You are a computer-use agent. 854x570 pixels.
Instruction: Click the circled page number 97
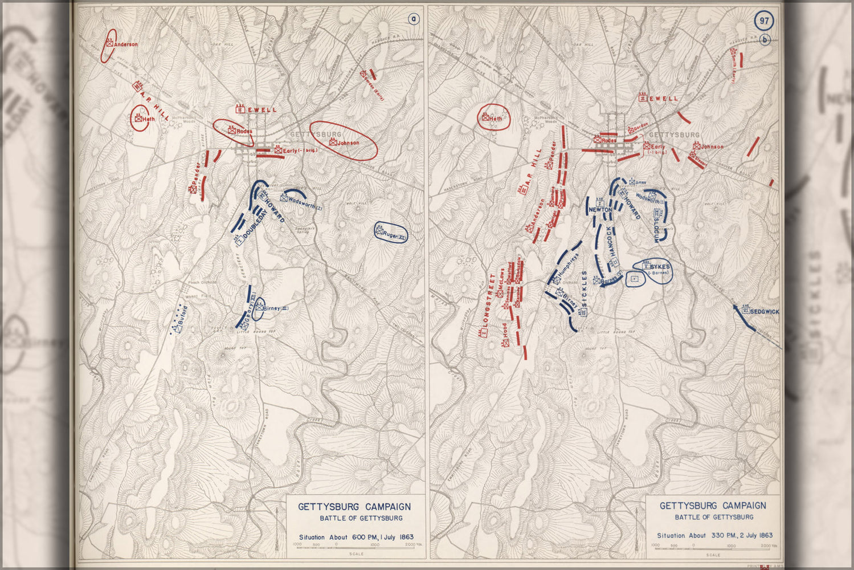tap(764, 21)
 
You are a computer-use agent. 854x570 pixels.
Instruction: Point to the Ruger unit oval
tap(391, 233)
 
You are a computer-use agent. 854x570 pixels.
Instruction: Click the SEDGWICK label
tap(764, 312)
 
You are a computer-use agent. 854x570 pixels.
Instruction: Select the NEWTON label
tap(600, 210)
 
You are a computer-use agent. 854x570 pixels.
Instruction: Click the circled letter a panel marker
tap(414, 19)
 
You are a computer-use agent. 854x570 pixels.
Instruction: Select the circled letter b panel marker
tap(766, 40)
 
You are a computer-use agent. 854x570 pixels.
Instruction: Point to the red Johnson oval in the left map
tap(344, 140)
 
